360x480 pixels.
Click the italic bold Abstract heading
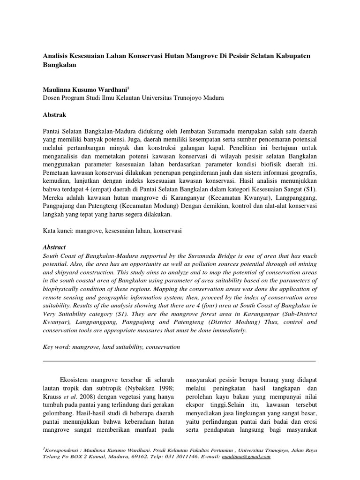point(54,247)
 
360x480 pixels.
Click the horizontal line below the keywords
point(180,361)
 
